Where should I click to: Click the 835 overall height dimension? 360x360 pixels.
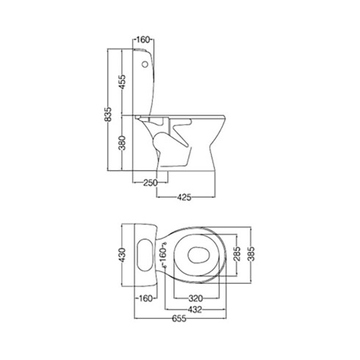108,114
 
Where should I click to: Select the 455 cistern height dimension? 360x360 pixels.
122,82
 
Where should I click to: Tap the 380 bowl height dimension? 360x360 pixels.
122,143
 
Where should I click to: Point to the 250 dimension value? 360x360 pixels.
150,183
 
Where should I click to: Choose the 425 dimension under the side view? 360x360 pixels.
184,197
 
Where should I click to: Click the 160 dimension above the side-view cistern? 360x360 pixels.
143,40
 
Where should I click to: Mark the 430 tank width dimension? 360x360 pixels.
122,255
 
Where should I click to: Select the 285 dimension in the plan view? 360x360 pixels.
237,254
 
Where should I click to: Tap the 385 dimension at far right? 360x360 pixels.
251,254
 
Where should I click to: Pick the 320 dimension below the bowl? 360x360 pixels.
195,298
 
